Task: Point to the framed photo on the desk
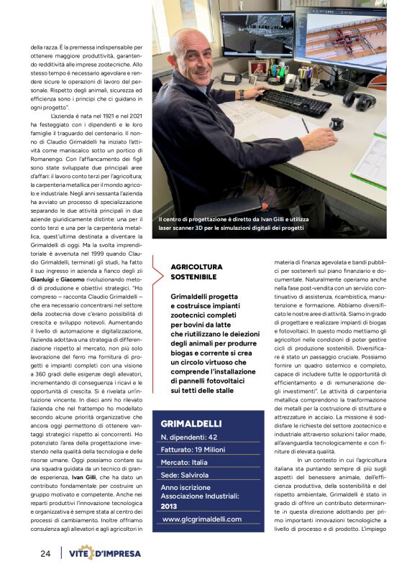coord(258,68)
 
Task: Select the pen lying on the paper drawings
coord(305,125)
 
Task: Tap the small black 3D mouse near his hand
coord(336,124)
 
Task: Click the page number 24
coord(45,553)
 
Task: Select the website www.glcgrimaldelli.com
coord(202,519)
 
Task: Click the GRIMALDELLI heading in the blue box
coord(191,423)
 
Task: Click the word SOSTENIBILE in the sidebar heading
coord(194,277)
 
